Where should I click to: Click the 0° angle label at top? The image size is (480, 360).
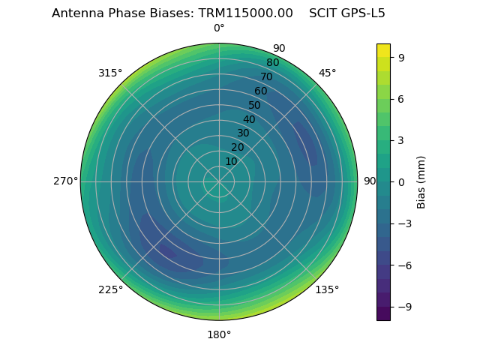point(219,28)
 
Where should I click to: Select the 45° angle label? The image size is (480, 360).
point(327,73)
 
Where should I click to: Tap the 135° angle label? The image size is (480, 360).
point(327,289)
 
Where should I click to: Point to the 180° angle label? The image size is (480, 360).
point(219,334)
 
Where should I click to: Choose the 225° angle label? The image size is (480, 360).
point(110,289)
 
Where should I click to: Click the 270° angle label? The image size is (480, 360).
point(65,181)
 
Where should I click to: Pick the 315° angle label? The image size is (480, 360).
point(110,73)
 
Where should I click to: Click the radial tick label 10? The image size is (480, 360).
point(231,161)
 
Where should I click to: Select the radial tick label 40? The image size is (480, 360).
point(249,119)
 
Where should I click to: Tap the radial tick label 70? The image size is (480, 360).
point(266,76)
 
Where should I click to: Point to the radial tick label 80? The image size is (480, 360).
point(272,62)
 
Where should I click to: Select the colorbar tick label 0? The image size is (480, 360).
point(401,181)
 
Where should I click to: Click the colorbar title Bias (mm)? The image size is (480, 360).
point(421,181)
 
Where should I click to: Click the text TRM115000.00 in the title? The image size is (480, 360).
point(245,13)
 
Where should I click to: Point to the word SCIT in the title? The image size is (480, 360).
point(322,13)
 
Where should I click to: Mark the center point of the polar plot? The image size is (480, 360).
point(219,181)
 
